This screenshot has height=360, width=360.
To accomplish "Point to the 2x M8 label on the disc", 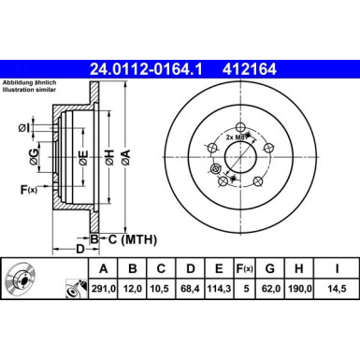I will [x=237, y=137].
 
